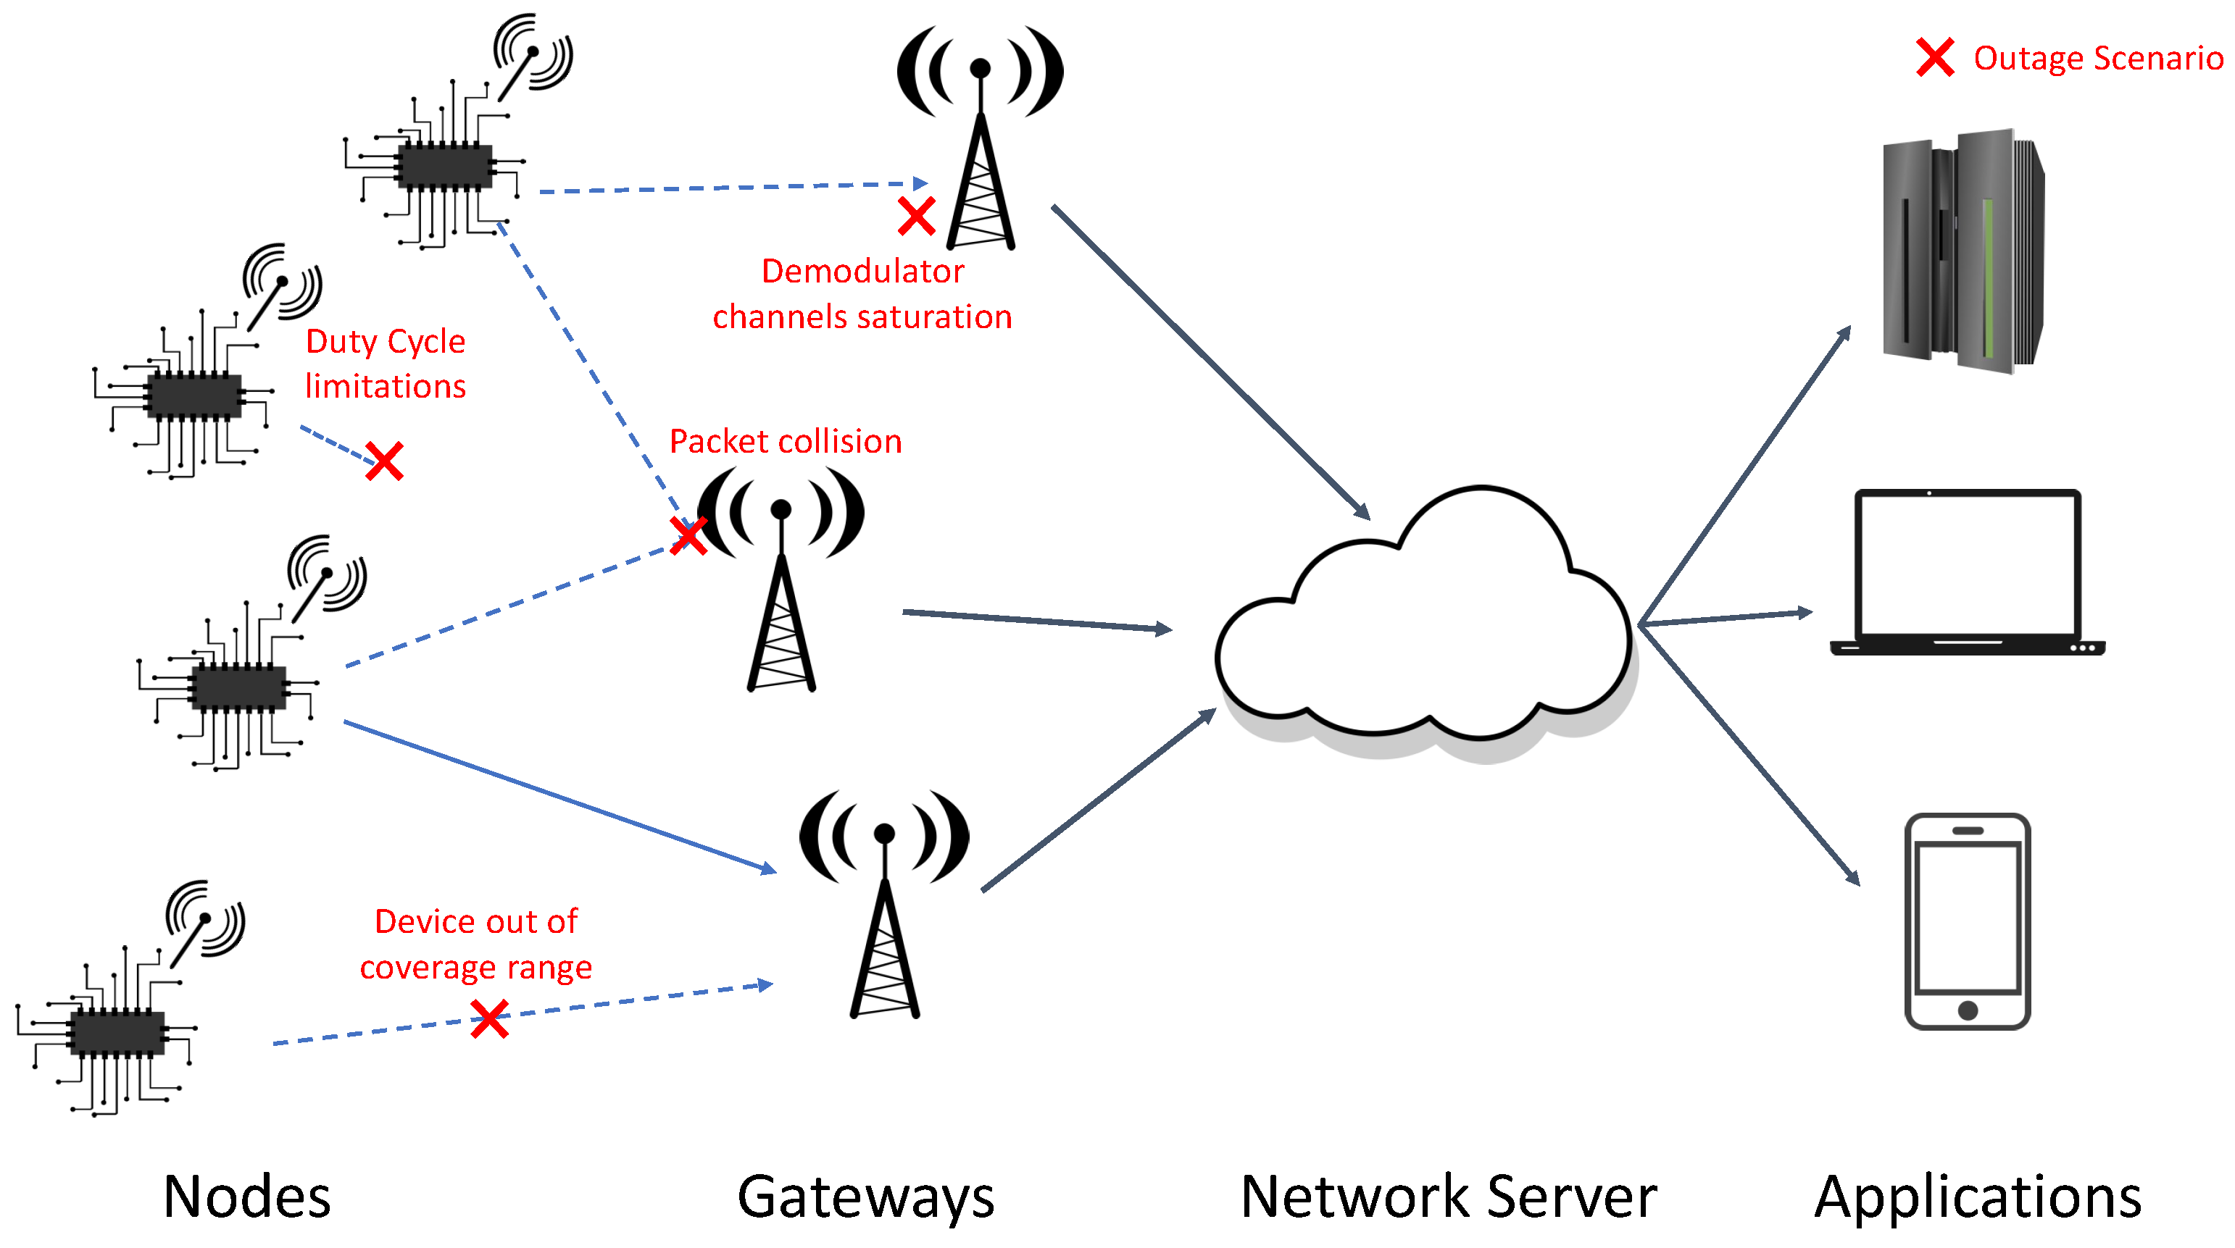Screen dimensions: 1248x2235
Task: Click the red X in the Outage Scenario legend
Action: [x=1934, y=57]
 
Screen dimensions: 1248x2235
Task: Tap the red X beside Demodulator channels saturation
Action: [x=916, y=216]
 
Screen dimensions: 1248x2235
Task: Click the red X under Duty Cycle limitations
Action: [x=384, y=461]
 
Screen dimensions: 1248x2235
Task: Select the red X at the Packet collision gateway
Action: [x=688, y=535]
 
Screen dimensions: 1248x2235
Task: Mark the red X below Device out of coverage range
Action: [x=489, y=1018]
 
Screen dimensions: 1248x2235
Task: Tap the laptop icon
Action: [x=1967, y=572]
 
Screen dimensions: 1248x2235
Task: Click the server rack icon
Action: [x=1963, y=251]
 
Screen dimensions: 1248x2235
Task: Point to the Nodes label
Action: [x=247, y=1196]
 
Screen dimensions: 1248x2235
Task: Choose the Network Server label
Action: [x=1448, y=1196]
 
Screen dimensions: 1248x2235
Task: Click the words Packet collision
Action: [x=785, y=441]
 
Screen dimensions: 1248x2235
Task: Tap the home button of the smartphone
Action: [x=1968, y=1010]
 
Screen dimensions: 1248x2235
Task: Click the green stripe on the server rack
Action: [x=1987, y=277]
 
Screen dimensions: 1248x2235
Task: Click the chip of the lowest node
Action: [x=117, y=1032]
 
